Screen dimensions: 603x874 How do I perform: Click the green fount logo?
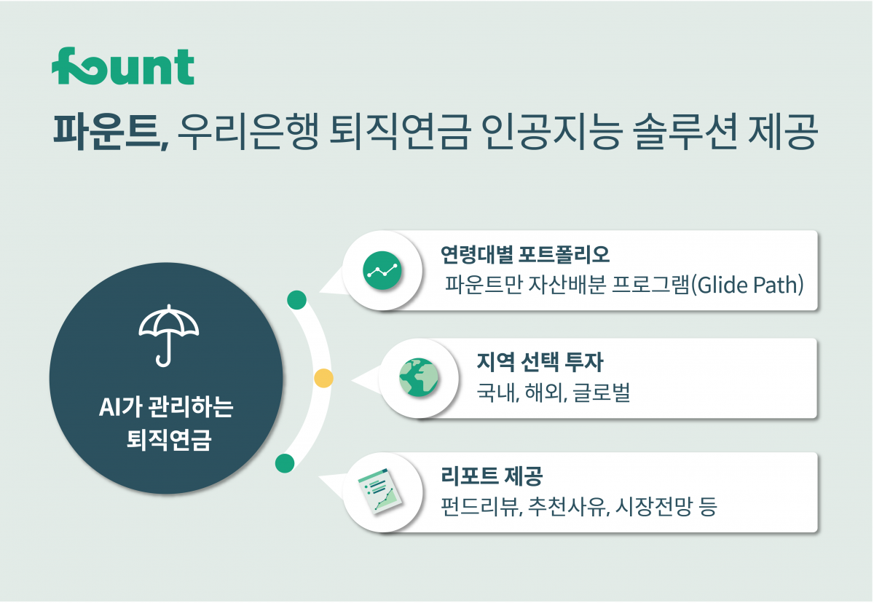[122, 67]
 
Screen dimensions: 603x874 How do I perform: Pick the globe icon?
[418, 378]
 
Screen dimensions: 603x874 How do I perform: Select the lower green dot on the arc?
[285, 462]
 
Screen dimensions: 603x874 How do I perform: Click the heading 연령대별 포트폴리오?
[525, 255]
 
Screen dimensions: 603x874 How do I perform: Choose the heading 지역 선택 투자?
[540, 361]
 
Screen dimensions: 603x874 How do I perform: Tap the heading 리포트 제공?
[492, 476]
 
